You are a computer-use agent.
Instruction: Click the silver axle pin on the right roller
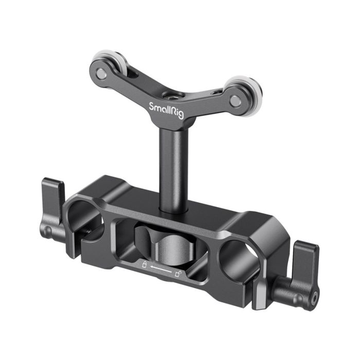tap(235, 101)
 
